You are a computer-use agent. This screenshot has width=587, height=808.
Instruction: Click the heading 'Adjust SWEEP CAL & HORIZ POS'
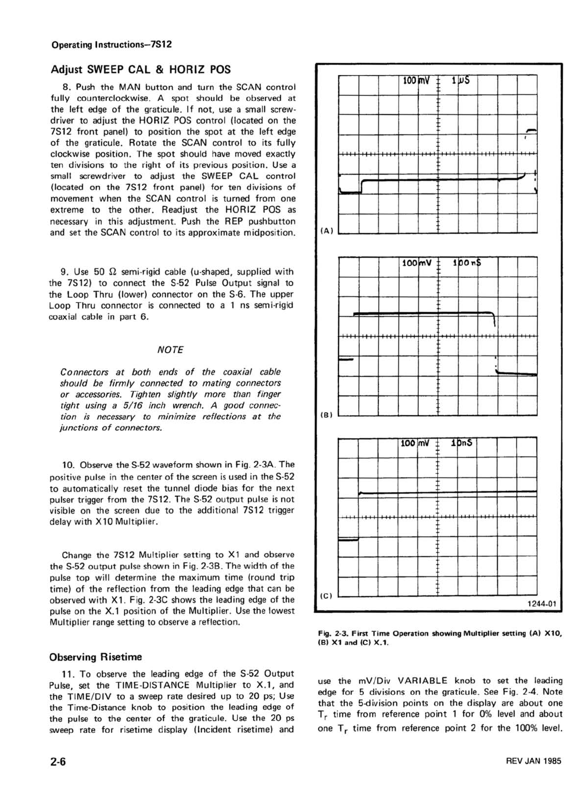141,69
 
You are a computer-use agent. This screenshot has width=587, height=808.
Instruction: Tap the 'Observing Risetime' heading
96,656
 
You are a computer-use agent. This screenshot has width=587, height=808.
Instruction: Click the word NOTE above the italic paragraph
170,349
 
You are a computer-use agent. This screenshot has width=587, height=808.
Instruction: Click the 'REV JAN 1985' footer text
533,761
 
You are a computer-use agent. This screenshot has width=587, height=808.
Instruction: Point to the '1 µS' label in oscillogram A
461,81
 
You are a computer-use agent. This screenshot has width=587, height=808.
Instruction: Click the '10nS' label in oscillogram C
462,443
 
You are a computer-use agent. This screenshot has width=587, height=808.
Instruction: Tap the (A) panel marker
326,231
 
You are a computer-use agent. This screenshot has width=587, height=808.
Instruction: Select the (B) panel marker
326,415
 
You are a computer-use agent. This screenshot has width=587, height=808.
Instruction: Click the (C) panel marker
326,595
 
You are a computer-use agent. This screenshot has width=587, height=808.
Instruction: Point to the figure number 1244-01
544,604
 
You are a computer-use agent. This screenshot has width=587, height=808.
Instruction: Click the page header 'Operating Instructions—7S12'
112,44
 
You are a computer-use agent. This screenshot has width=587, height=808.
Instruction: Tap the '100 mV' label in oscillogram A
416,81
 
